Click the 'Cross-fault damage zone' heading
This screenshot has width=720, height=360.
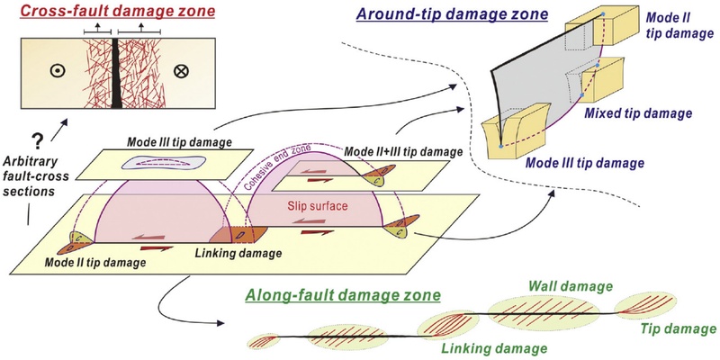pos(119,11)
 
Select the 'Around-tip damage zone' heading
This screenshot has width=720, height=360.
pos(453,13)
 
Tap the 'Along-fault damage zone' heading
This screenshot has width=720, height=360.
pos(343,295)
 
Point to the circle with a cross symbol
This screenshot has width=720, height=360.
pos(182,71)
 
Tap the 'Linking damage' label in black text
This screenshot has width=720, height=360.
pos(238,252)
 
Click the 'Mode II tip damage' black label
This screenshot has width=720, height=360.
pos(95,263)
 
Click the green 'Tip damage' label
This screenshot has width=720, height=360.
pos(679,329)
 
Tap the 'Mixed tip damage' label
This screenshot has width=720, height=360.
pos(638,113)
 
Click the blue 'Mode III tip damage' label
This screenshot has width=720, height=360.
pos(584,162)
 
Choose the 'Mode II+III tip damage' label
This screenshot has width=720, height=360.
pos(402,151)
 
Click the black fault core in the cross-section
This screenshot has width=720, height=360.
pos(116,73)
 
